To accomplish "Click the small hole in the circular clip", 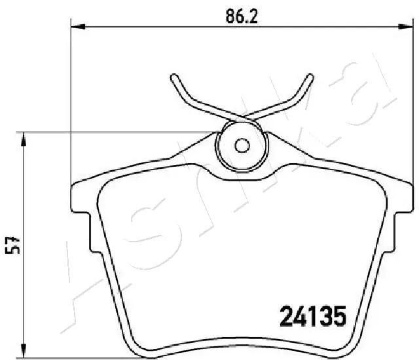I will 241,146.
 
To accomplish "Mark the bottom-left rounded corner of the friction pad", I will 134,340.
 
